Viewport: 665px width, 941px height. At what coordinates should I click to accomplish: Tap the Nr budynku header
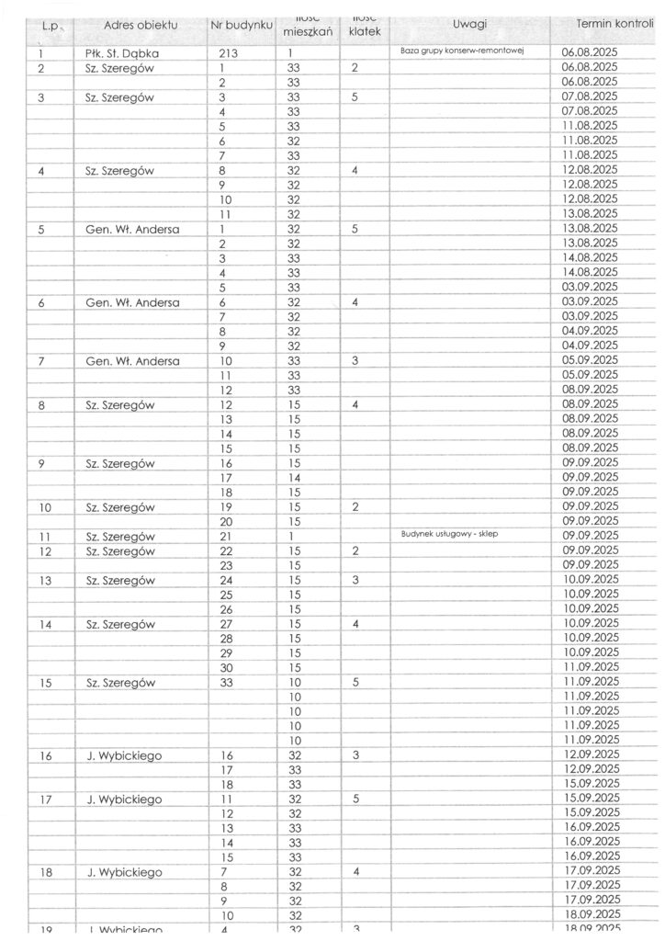pos(242,25)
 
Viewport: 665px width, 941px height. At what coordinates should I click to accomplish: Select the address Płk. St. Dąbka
pos(116,53)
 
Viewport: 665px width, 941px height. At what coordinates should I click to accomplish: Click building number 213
pos(229,53)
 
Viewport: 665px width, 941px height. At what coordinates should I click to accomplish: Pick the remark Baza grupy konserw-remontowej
pos(462,51)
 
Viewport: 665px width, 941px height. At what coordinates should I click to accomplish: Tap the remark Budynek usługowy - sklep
pos(449,533)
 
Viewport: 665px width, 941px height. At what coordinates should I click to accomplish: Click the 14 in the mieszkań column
pos(294,478)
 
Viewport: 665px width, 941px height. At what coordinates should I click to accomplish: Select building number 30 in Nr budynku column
pos(227,666)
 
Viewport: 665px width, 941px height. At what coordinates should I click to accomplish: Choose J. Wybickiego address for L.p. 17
pos(124,799)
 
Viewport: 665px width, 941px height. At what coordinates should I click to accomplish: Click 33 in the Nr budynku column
pos(227,682)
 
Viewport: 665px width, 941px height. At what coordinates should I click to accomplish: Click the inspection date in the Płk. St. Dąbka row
pos(589,53)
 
